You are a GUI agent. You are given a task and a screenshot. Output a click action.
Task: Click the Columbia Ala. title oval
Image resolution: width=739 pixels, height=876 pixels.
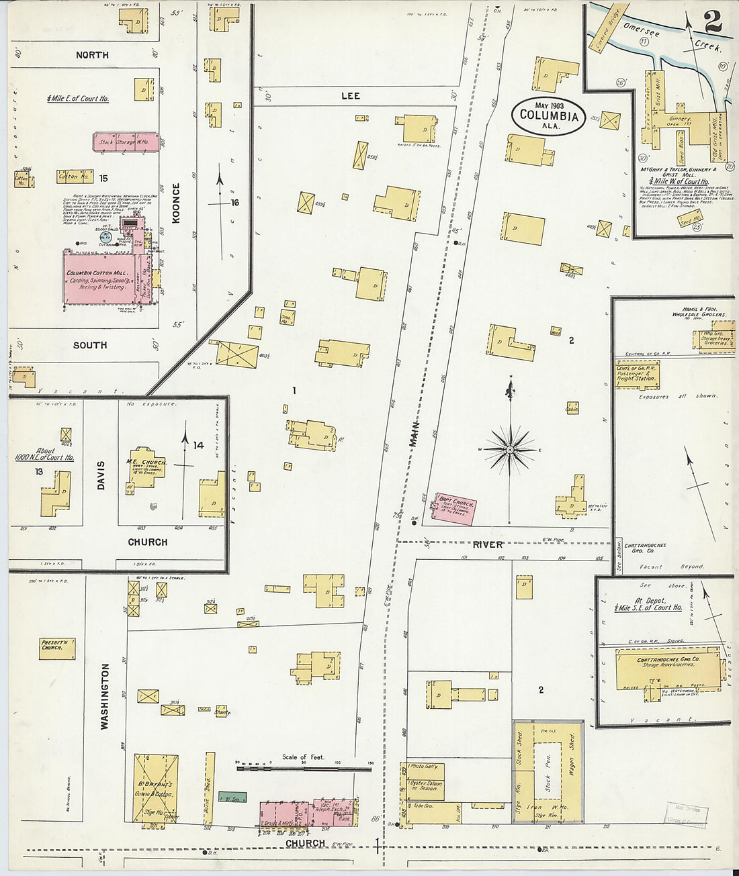coord(549,115)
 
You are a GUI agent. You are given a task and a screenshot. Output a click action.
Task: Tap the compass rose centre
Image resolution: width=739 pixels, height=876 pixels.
coord(511,448)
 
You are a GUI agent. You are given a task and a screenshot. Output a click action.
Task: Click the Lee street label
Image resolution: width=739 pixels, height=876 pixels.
coord(350,96)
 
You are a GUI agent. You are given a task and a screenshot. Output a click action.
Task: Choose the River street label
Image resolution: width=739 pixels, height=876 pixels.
coord(487,544)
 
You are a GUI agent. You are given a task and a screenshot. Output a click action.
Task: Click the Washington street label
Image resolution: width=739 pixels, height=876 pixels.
coord(105,696)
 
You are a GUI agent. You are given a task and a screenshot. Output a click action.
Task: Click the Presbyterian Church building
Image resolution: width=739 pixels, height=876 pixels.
coord(56,648)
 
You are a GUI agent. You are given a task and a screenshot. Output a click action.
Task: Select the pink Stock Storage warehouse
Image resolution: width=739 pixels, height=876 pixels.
coord(126,142)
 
